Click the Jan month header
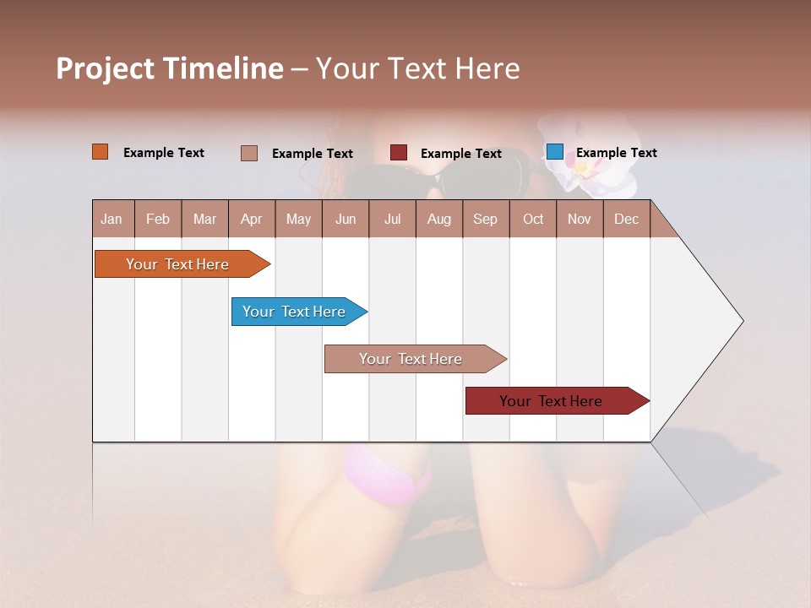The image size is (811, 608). click(112, 219)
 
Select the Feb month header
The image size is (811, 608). click(158, 219)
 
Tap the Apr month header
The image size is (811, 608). click(251, 219)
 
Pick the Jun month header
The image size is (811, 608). click(346, 219)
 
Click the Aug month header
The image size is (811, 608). click(438, 219)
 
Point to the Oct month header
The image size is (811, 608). click(533, 219)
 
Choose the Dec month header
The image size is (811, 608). click(626, 219)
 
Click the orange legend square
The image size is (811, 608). click(101, 152)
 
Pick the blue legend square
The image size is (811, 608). click(554, 152)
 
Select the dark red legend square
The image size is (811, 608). click(399, 153)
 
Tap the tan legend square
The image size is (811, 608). click(249, 153)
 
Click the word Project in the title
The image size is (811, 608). click(105, 68)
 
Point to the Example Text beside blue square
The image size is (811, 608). click(616, 153)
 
